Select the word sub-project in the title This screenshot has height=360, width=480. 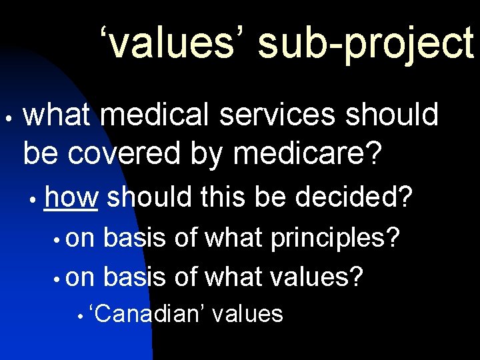tap(365, 43)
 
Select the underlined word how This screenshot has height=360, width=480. tap(71, 197)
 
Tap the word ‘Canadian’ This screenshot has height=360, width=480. tap(148, 313)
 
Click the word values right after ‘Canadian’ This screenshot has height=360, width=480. tap(247, 313)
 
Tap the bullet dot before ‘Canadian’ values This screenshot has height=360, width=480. tap(79, 316)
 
